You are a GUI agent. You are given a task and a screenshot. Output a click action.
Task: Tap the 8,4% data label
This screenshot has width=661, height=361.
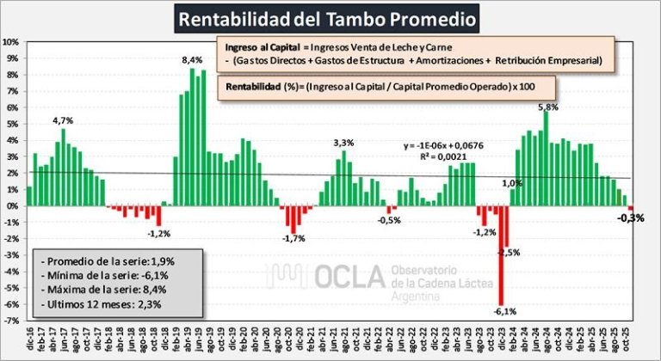pyautogui.click(x=192, y=59)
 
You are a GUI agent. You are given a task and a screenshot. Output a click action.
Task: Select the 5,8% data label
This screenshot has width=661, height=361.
pyautogui.click(x=547, y=107)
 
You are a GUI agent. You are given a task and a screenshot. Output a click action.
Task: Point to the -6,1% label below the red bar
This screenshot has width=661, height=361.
pyautogui.click(x=505, y=311)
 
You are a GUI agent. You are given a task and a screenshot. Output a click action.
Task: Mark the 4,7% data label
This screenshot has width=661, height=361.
pyautogui.click(x=64, y=121)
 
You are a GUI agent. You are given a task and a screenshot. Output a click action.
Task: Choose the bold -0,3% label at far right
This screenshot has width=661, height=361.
pyautogui.click(x=631, y=217)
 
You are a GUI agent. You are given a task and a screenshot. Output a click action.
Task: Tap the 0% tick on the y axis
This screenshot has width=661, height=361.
pyautogui.click(x=12, y=205)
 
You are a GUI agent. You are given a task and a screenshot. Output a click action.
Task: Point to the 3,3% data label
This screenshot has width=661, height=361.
pyautogui.click(x=343, y=142)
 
